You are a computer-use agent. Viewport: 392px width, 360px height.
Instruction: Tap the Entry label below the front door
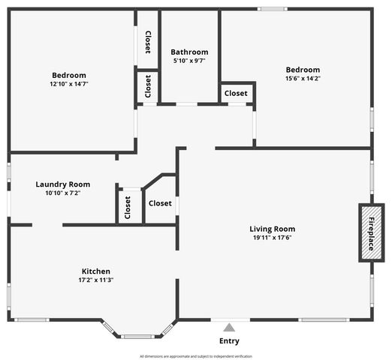click(x=229, y=341)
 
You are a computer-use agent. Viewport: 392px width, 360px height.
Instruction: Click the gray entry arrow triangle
click(x=229, y=327)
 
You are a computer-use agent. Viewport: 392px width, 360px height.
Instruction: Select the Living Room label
click(x=273, y=229)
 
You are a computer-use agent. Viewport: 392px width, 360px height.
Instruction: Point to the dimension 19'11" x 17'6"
click(x=273, y=238)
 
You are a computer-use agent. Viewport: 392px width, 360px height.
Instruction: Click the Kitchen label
click(x=96, y=271)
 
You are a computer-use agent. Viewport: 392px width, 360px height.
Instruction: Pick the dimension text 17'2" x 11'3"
click(x=96, y=280)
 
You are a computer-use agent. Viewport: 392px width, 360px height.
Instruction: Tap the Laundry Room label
click(x=63, y=184)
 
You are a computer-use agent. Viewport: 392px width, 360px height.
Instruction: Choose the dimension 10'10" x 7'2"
click(x=63, y=193)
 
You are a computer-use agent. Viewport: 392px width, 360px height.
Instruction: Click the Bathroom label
click(x=189, y=52)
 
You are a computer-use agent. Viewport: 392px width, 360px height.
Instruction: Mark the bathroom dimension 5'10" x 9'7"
click(x=189, y=61)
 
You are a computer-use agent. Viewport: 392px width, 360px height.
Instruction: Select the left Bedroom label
click(x=69, y=75)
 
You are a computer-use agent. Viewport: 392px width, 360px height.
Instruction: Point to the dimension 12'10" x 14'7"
click(x=69, y=85)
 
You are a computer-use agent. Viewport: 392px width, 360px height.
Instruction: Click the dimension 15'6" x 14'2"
click(x=302, y=79)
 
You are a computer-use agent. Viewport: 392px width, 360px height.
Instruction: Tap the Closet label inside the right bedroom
click(x=236, y=93)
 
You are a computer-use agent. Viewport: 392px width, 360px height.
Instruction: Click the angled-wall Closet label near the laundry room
click(x=160, y=203)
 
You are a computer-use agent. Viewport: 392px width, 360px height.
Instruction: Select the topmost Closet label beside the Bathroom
click(x=148, y=42)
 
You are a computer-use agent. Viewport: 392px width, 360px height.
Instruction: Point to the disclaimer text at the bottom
click(x=196, y=356)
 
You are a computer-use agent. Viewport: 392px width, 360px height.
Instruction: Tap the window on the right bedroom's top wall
click(x=273, y=9)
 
